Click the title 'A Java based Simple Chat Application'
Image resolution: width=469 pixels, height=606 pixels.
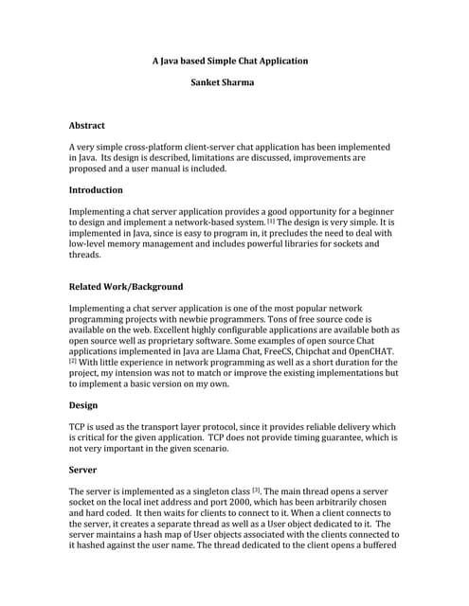(230, 61)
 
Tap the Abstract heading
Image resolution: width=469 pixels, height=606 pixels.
(87, 125)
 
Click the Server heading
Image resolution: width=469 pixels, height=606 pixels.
(83, 469)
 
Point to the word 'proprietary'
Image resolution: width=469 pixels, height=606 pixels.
(197, 341)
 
